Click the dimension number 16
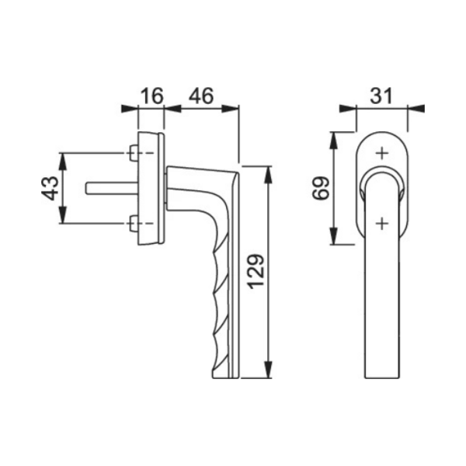151,96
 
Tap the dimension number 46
201,96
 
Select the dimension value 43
50,188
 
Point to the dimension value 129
256,271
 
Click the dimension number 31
381,96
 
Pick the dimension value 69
321,188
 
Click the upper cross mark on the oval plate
382,153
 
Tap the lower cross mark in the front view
382,223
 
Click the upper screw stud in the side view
134,153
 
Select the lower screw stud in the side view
134,223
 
